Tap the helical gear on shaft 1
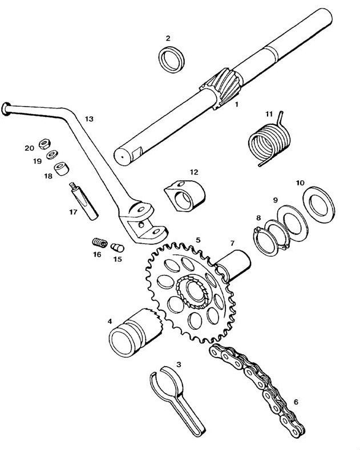click(223, 88)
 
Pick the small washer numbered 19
click(52, 155)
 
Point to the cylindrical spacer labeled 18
click(61, 169)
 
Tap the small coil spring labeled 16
click(100, 243)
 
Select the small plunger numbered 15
click(117, 248)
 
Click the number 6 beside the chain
click(296, 402)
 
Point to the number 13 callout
click(89, 119)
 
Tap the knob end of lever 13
click(6, 109)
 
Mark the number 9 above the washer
click(276, 200)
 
